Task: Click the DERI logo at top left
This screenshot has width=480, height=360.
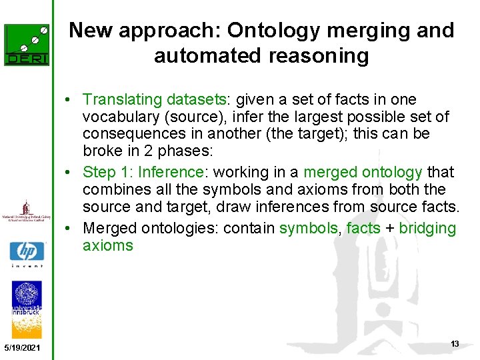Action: [x=27, y=45]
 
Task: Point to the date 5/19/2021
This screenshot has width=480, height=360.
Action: [x=21, y=349]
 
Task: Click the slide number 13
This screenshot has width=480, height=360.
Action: [x=455, y=344]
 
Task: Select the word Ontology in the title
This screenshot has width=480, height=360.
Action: [x=267, y=31]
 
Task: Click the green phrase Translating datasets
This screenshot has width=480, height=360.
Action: [x=154, y=100]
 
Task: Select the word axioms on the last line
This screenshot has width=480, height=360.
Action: [x=107, y=245]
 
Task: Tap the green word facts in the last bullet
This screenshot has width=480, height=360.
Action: [x=363, y=229]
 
